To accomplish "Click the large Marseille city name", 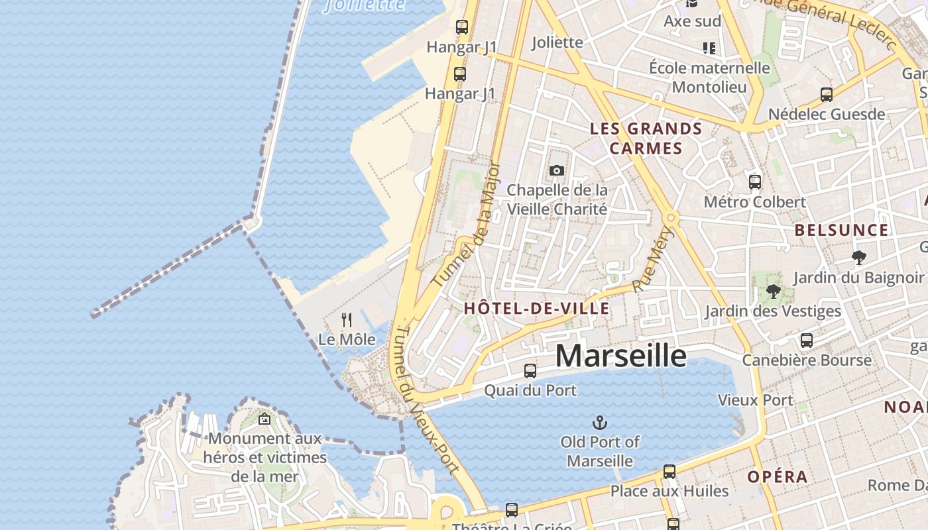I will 620,356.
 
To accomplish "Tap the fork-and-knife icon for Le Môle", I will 347,320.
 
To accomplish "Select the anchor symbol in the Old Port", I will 600,422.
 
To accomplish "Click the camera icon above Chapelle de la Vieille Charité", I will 557,171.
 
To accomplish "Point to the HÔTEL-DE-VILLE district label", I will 536,308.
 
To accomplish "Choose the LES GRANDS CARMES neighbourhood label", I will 646,138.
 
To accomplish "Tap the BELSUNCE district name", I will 841,231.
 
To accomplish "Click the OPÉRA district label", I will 778,477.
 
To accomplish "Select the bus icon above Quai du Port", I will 530,371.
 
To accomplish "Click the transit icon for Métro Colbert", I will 754,182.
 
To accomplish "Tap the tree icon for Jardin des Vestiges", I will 773,291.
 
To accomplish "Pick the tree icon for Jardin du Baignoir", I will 858,257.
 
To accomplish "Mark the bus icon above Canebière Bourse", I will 807,341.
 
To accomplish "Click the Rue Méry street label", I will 653,259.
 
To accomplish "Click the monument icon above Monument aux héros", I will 264,419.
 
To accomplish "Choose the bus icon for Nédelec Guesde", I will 827,95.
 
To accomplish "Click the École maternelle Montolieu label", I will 709,78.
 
